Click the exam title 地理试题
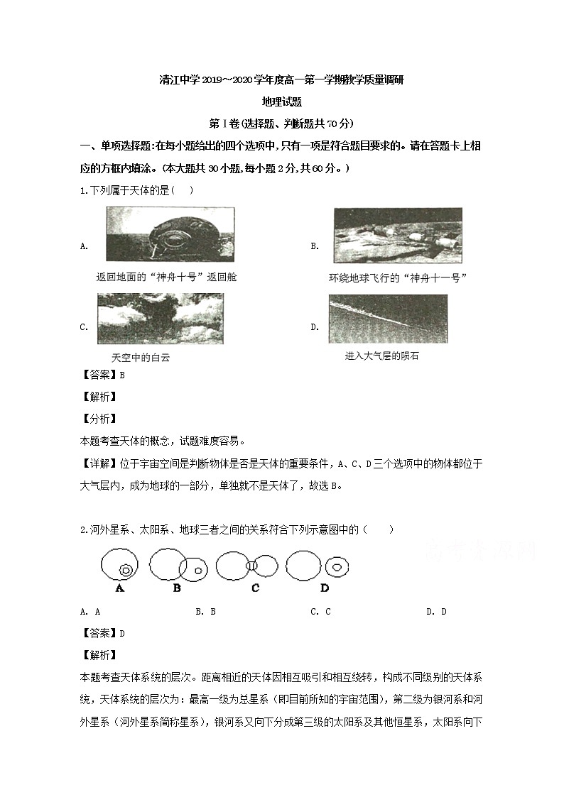(x=281, y=101)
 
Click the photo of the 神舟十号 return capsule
(x=170, y=233)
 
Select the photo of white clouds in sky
(x=160, y=319)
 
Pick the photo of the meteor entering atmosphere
(x=388, y=319)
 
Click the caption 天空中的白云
(x=141, y=358)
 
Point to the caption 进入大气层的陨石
(x=381, y=356)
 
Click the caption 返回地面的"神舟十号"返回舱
(x=166, y=277)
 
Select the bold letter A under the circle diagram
(x=119, y=588)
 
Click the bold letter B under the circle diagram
(x=177, y=588)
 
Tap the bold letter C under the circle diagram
(x=255, y=588)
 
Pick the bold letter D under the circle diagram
(x=325, y=588)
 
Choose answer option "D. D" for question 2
(x=436, y=611)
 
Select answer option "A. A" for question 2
(x=90, y=611)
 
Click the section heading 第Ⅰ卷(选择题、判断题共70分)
(x=281, y=123)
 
